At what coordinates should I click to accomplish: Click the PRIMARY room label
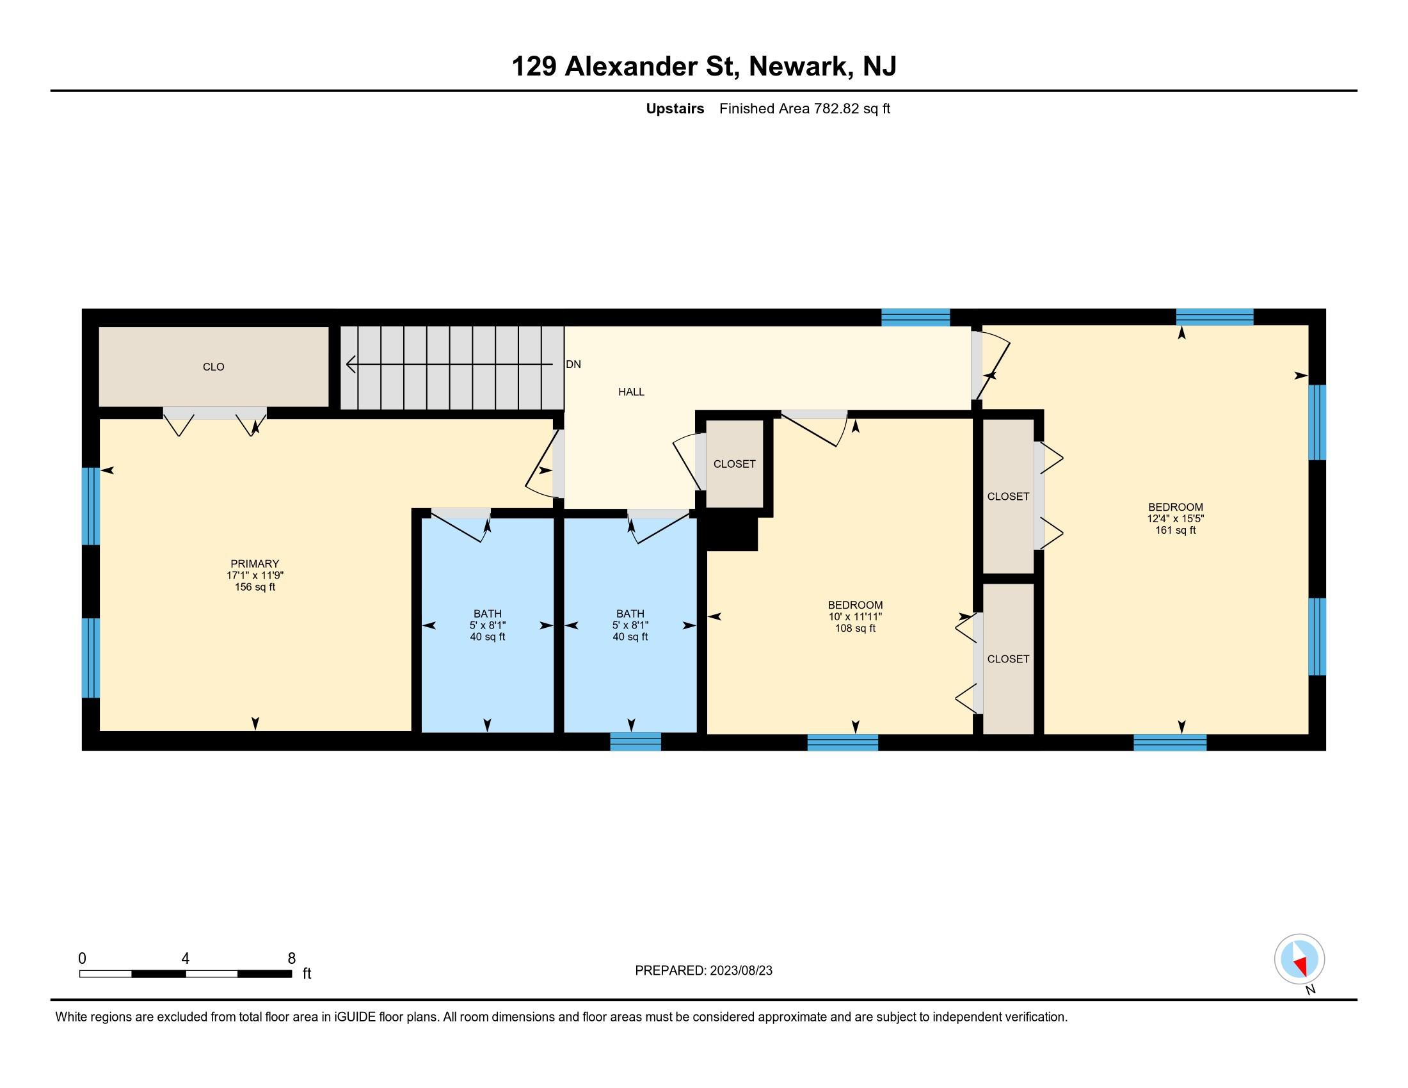(255, 564)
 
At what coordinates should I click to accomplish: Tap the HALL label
(631, 392)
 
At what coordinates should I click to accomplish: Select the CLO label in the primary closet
(213, 367)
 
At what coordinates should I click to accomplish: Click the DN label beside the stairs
(573, 364)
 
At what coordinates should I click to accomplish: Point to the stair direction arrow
(449, 364)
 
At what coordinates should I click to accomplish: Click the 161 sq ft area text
(1175, 531)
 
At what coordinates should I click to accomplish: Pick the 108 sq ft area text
(855, 628)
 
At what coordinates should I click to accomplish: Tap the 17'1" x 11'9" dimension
(255, 575)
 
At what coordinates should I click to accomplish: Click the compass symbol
(1299, 959)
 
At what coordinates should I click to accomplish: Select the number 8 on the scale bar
(291, 959)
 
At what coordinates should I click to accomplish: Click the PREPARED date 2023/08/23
(740, 971)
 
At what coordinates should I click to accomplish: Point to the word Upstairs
(675, 109)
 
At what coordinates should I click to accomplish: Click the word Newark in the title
(797, 67)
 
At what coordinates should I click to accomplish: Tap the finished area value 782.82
(837, 109)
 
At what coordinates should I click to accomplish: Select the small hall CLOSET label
(734, 464)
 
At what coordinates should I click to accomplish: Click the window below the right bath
(636, 742)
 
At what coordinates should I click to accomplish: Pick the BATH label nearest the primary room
(488, 614)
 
